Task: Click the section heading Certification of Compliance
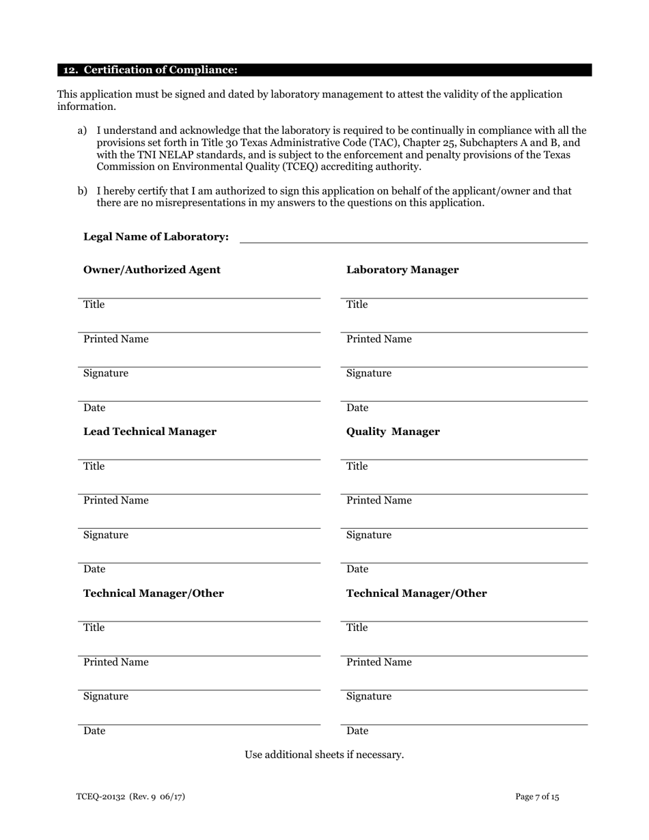coord(150,70)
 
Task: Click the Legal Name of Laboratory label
coord(156,237)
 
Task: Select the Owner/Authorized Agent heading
coord(152,270)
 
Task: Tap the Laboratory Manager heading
coord(402,270)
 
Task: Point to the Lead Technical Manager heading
coord(150,432)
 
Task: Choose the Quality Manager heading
coord(393,432)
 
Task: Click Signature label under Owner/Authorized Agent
coord(105,374)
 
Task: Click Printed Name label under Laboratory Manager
coord(378,339)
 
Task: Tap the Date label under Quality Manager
coord(357,569)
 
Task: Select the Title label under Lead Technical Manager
coord(94,466)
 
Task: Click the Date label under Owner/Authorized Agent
coord(94,408)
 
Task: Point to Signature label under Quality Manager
coord(369,535)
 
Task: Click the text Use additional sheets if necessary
coord(324,755)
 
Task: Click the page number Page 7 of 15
coord(537,797)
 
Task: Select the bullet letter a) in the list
coord(82,130)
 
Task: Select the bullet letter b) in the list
coord(82,191)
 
